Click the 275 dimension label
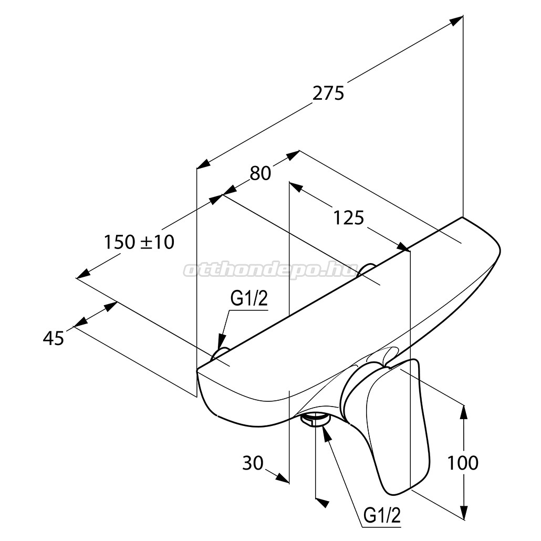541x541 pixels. click(x=328, y=93)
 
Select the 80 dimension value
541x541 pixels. click(x=261, y=173)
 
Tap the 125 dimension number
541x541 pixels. click(x=348, y=218)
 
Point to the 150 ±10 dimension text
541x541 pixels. click(x=139, y=242)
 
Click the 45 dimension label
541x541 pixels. click(x=54, y=338)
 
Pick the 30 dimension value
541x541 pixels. click(x=253, y=463)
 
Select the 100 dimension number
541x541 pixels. click(x=463, y=463)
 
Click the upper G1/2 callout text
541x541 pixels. click(x=249, y=299)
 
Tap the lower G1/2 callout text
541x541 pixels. click(x=382, y=516)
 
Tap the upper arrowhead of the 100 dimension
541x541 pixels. click(x=464, y=412)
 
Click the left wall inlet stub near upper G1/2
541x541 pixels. click(x=220, y=353)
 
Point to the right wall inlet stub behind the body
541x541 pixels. click(x=367, y=270)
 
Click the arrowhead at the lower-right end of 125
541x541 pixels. click(x=403, y=247)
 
